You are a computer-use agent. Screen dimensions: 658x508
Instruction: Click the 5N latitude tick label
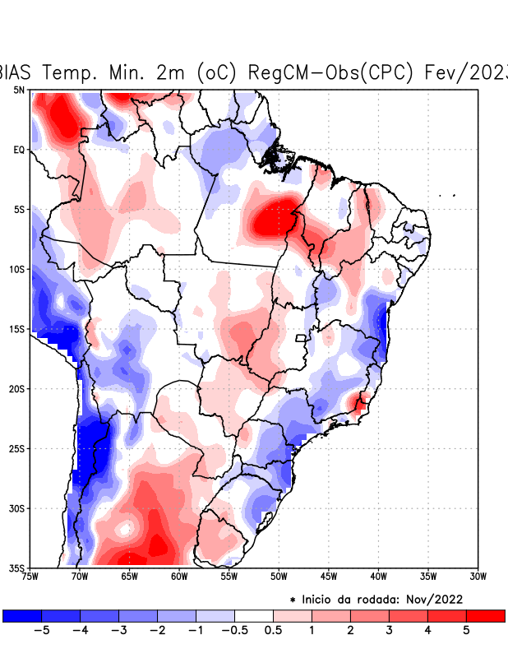pyautogui.click(x=19, y=90)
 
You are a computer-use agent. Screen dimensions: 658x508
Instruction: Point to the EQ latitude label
pyautogui.click(x=19, y=150)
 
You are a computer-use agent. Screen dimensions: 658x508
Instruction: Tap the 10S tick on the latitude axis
pyautogui.click(x=17, y=269)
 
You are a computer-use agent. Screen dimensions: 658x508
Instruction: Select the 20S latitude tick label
pyautogui.click(x=17, y=388)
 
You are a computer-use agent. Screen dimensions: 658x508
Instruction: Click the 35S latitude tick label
pyautogui.click(x=17, y=568)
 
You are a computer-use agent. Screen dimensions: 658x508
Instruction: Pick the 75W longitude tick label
pyautogui.click(x=30, y=576)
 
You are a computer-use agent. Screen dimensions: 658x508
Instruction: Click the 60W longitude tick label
pyautogui.click(x=179, y=576)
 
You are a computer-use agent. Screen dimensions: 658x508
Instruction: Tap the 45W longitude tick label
pyautogui.click(x=329, y=576)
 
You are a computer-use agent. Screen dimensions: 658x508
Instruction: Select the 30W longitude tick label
pyautogui.click(x=478, y=576)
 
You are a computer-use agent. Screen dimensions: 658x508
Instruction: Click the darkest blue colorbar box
pyautogui.click(x=22, y=616)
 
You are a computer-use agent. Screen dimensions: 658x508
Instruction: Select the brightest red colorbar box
pyautogui.click(x=485, y=616)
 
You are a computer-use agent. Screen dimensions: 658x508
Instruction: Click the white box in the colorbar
pyautogui.click(x=253, y=616)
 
